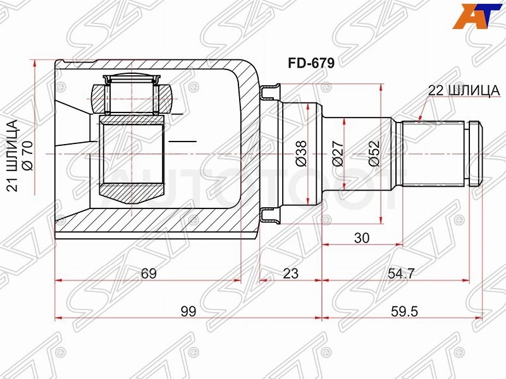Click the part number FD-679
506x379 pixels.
311,63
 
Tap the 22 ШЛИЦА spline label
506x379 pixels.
464,90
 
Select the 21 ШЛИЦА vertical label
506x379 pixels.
13,156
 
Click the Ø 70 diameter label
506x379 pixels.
27,155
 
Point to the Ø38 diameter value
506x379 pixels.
302,153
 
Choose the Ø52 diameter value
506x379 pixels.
374,153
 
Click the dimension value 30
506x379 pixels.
361,238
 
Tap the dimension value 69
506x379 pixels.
149,274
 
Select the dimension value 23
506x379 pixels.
291,274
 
